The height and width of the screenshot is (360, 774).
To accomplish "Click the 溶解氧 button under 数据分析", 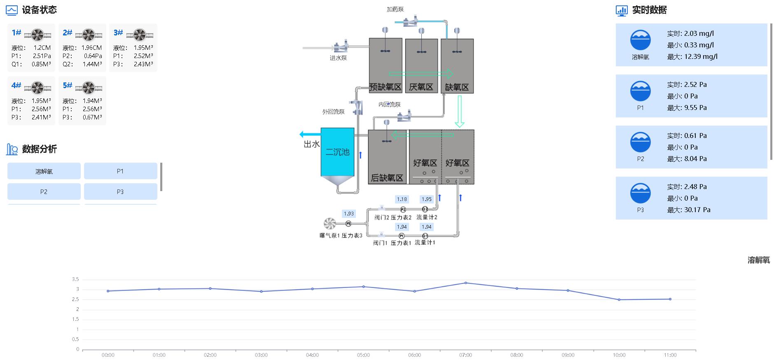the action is point(44,171).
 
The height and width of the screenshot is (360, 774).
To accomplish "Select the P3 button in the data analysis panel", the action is point(120,192).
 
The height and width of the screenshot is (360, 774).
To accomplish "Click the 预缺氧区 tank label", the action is point(385,87).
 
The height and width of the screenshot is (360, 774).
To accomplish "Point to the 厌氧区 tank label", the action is point(421,87).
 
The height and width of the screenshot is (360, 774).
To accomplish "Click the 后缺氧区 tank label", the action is point(387,178).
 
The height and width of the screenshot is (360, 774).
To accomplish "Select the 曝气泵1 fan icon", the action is point(330,224).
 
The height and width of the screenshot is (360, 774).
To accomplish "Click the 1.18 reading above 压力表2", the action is point(402,199).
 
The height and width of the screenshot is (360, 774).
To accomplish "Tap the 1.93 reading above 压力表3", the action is point(348,214).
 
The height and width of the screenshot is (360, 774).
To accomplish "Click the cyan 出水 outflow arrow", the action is point(310,134).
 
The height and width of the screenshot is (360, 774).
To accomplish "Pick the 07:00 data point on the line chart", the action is point(465,283).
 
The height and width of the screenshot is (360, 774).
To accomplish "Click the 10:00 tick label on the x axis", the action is point(619,355).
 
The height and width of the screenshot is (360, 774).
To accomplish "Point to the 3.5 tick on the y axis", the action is point(75,279).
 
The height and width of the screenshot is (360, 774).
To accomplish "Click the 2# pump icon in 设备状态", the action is point(89,35).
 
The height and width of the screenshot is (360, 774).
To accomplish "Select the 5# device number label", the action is point(68,85).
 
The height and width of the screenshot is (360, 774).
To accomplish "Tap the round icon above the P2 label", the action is point(640,143).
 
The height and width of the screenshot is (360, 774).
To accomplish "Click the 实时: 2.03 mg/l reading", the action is point(690,33).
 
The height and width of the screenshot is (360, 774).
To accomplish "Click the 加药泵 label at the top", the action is point(395,9).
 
